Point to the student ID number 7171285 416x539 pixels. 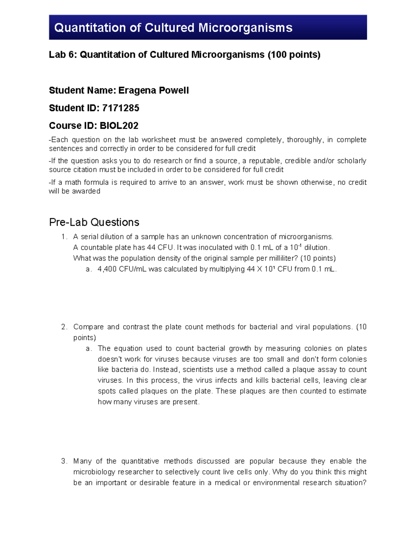tap(121, 108)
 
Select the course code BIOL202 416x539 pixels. tap(119, 126)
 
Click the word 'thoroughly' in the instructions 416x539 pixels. tap(304, 140)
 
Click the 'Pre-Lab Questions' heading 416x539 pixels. tap(94, 222)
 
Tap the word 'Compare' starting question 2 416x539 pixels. tap(88, 327)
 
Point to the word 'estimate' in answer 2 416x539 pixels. tap(352, 391)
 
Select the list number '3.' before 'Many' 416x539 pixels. tap(64, 461)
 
